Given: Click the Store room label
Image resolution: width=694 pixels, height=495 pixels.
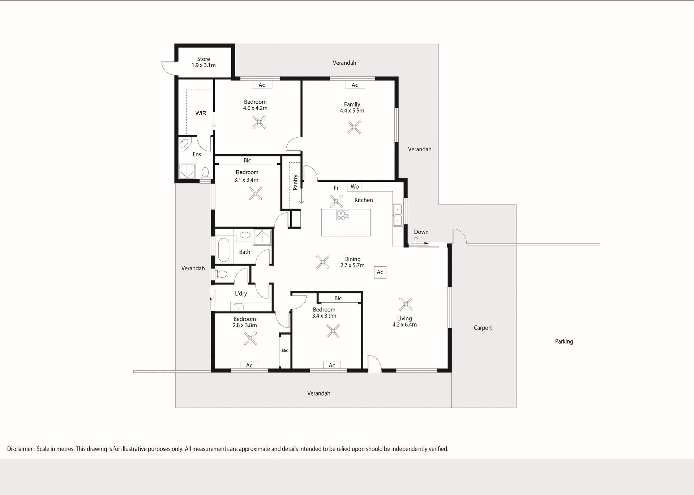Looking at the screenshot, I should click(204, 59).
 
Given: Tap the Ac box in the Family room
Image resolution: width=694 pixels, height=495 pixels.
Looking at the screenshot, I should click(355, 85).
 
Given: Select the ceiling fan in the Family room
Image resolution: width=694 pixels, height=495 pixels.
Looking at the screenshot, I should click(354, 127).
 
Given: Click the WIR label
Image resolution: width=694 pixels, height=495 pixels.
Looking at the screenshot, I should click(201, 113).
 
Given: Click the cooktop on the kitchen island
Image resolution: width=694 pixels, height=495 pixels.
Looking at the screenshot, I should click(342, 216).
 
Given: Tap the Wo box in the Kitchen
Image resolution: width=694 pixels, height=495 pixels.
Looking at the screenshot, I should click(354, 186).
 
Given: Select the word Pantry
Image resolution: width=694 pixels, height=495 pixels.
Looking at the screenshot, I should click(295, 182).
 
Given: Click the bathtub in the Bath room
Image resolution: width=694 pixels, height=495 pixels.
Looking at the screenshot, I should click(224, 249).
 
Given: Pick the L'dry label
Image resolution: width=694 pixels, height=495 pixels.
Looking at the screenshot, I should click(241, 293).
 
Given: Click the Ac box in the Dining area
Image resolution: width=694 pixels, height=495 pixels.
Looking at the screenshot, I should click(380, 272).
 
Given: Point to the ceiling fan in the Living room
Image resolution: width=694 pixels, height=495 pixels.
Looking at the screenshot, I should click(406, 304).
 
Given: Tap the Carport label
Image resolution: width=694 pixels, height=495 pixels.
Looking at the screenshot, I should click(483, 328).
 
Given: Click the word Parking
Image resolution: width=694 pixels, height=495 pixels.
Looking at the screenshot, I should click(564, 341).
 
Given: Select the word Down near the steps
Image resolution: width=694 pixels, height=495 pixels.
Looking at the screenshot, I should click(421, 232).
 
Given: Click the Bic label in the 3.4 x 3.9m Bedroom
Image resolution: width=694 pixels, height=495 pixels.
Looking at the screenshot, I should click(338, 298).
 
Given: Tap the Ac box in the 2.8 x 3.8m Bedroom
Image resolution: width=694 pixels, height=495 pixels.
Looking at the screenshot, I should click(249, 365).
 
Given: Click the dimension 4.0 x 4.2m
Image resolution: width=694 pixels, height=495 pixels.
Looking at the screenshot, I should click(255, 108).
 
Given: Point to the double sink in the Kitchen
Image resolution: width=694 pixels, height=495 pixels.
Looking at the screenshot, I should click(398, 215).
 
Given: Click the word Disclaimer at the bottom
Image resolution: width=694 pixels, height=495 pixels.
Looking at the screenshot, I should click(20, 449).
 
